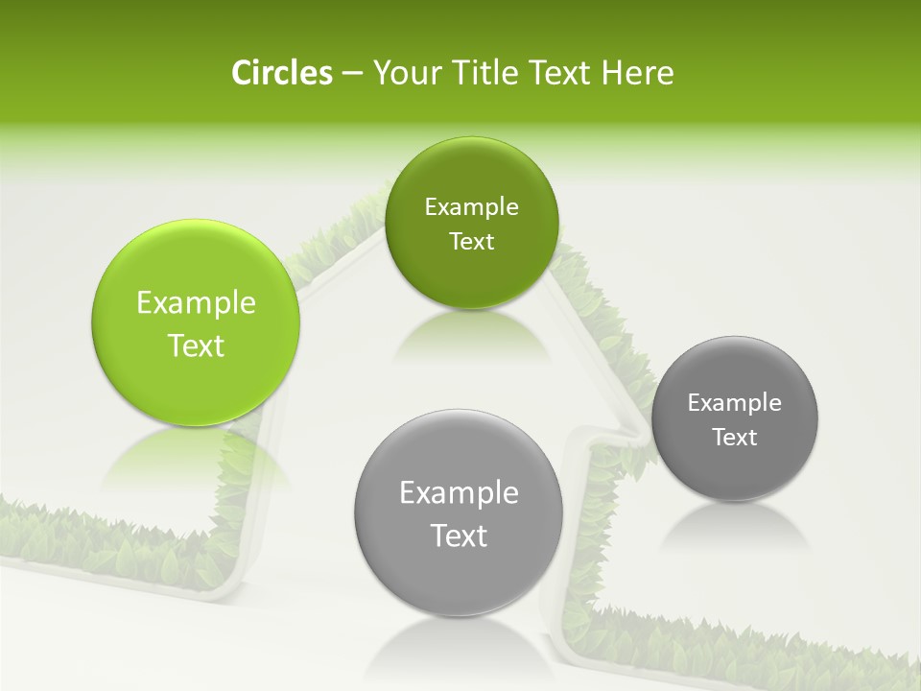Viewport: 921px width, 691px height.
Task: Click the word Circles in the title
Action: pyautogui.click(x=281, y=73)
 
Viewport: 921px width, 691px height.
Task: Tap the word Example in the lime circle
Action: pyautogui.click(x=196, y=303)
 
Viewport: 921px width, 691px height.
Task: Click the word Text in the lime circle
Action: pyautogui.click(x=196, y=345)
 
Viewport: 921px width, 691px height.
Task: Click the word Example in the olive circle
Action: pyautogui.click(x=471, y=207)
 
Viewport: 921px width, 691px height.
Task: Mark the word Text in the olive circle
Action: pyautogui.click(x=471, y=241)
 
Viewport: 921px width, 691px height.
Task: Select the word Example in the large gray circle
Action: pyautogui.click(x=459, y=493)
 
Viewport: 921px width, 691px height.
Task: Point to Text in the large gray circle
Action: pyautogui.click(x=459, y=536)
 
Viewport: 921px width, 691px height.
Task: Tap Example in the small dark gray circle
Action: pyautogui.click(x=735, y=403)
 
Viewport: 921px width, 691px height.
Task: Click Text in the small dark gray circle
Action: pyautogui.click(x=735, y=437)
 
